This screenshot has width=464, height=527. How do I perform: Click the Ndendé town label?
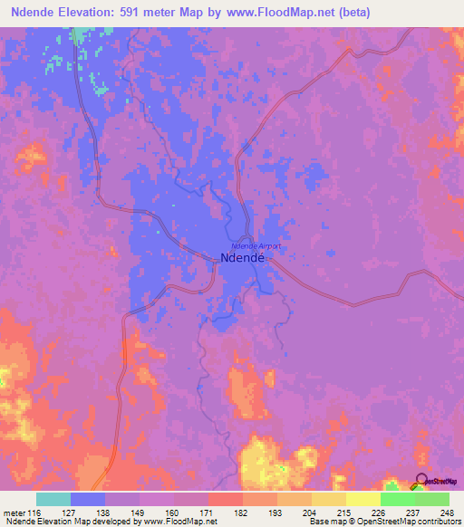242,258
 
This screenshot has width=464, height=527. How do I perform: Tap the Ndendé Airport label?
256,246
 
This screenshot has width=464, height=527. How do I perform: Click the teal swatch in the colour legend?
53,499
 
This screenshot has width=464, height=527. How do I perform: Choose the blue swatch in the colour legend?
88,499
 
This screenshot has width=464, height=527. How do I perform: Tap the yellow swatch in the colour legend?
363,499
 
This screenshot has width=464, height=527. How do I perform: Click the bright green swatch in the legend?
398,499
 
